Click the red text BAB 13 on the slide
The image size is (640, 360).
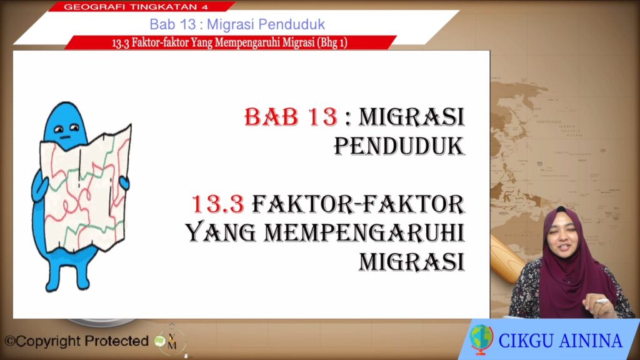point(291,117)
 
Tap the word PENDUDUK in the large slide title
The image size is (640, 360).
point(399,146)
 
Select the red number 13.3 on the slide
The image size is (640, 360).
point(218,204)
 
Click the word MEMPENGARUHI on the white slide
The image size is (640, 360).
point(364,232)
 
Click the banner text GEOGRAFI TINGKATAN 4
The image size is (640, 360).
point(136,6)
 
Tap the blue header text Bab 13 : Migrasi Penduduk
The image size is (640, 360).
point(237,24)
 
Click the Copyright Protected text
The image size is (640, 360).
point(76,341)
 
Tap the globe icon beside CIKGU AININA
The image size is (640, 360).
point(481,339)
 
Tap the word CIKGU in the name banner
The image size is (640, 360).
point(526,341)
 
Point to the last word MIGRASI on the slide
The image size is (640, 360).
point(412,262)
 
